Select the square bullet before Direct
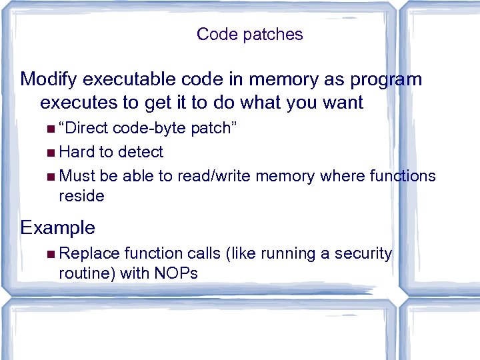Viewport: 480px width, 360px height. coord(52,129)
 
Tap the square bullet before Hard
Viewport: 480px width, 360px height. coord(52,153)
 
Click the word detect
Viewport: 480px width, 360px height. coord(140,152)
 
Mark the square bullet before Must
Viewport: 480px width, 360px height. coord(52,177)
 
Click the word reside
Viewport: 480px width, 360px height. coord(81,196)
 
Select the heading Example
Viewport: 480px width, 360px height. coord(58,228)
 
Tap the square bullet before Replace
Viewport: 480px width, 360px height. coord(52,254)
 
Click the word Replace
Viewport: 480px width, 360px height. coord(87,253)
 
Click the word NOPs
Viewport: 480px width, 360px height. coord(175,273)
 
